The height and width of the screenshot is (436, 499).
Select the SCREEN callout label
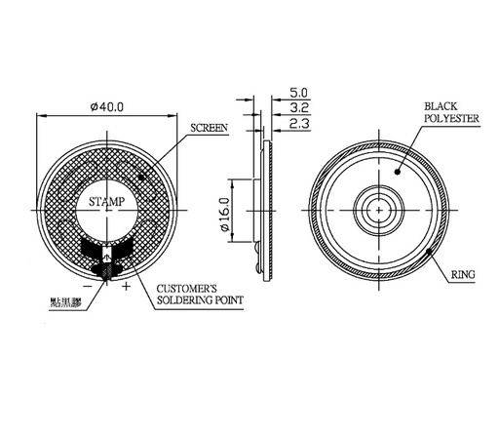coord(210,128)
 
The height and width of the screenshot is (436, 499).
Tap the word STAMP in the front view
coord(106,203)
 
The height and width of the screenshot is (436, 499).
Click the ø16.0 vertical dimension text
coord(223,214)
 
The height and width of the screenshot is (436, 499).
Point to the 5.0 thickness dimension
coord(300,95)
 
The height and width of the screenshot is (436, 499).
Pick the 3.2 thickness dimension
coord(300,109)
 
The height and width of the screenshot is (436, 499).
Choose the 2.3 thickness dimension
coord(300,124)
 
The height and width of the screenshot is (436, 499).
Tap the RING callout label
coord(463,277)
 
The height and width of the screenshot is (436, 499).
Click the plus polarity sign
coord(126,286)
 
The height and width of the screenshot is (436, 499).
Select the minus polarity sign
coord(88,286)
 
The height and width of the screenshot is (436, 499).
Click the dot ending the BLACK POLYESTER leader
coord(398,168)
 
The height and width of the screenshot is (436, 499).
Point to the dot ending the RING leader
coord(430,254)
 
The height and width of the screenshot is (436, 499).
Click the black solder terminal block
coord(106,257)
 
